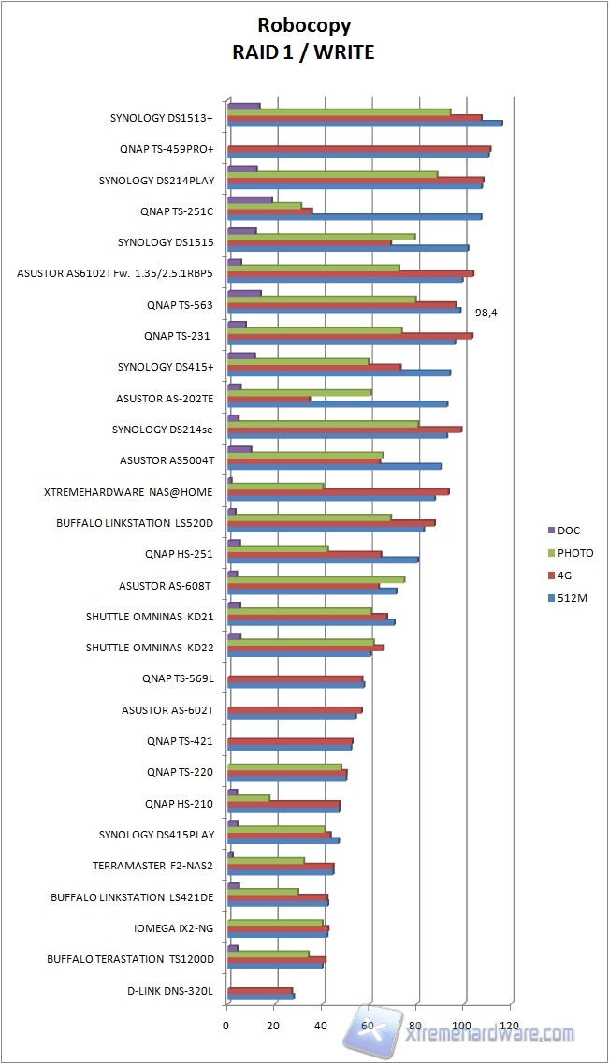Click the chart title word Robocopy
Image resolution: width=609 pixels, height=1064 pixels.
point(304,27)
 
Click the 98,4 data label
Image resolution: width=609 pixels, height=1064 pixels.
point(486,313)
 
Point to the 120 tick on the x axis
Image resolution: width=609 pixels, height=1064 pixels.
point(511,1026)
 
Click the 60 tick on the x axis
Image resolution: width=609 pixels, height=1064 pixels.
point(369,1026)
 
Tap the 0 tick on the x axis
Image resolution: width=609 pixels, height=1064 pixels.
point(226,1026)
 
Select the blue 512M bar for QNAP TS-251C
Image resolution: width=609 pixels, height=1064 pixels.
point(354,217)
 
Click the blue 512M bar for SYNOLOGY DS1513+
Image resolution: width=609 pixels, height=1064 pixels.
point(364,124)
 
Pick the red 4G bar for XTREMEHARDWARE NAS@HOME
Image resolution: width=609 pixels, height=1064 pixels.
point(338,491)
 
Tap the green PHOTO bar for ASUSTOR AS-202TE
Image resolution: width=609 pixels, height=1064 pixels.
point(298,392)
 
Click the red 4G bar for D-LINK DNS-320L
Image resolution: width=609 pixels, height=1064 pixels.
point(259,990)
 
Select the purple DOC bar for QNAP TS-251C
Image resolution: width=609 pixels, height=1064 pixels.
point(249,199)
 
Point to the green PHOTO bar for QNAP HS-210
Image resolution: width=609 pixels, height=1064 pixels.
point(248,798)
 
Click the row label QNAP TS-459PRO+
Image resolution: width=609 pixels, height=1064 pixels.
point(167,149)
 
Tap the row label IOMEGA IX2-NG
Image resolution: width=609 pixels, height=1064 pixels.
point(173,928)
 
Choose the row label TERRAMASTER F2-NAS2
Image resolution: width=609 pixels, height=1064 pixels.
point(152,866)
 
